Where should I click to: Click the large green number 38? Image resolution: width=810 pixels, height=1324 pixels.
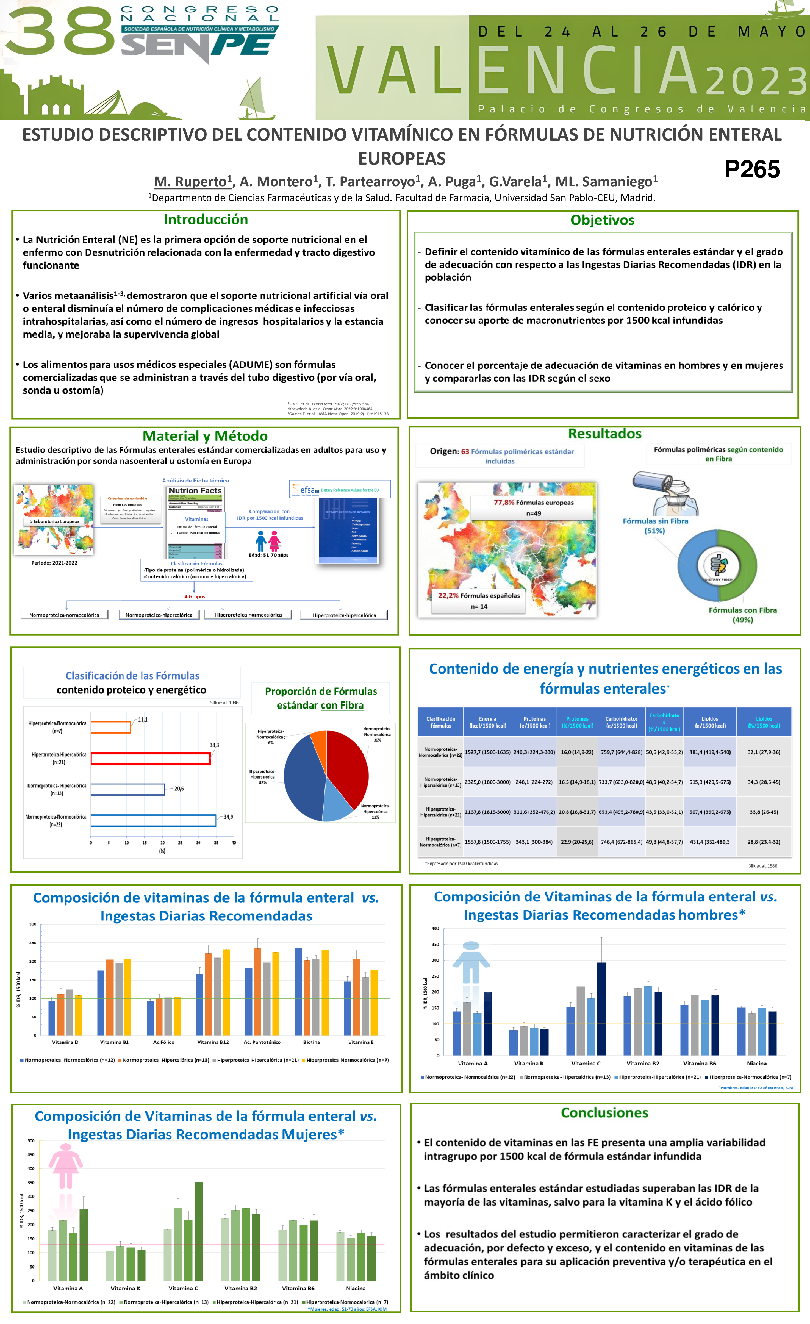point(60,33)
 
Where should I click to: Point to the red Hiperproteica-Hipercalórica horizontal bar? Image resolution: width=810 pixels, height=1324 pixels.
point(151,758)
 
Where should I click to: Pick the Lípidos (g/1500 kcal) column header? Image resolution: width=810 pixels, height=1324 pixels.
point(709,722)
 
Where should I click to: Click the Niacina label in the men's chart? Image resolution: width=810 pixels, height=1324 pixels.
point(756,1063)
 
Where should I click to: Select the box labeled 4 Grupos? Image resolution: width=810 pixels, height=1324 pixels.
point(195,596)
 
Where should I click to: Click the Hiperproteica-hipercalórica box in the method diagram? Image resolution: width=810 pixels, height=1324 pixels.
point(344,615)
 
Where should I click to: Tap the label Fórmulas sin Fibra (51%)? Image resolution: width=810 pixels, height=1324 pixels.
point(655,526)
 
